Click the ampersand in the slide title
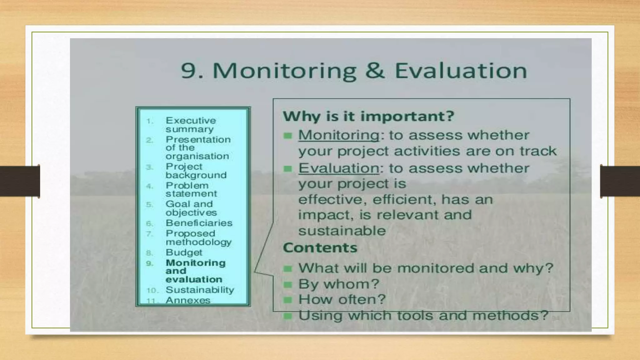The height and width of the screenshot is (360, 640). coord(375,71)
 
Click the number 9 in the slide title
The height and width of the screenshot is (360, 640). coord(188,71)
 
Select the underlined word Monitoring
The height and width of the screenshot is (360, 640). coord(339,135)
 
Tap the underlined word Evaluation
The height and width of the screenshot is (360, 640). coord(339,168)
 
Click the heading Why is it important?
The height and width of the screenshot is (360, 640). coord(368,116)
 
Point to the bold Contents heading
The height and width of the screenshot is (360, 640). coord(320,248)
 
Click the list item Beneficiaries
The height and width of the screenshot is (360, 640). coord(199,223)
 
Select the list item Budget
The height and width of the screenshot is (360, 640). coord(184,252)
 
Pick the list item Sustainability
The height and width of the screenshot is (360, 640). coord(200,290)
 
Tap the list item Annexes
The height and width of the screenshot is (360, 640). coord(188,300)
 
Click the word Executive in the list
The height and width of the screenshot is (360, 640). coord(191,121)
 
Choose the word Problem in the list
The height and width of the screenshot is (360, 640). coord(187,185)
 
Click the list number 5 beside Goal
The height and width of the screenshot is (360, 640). coord(150,205)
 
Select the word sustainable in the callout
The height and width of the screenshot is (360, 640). coord(342,231)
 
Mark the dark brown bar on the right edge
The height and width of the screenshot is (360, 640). coord(620,181)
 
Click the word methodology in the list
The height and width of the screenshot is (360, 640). coord(198,242)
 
